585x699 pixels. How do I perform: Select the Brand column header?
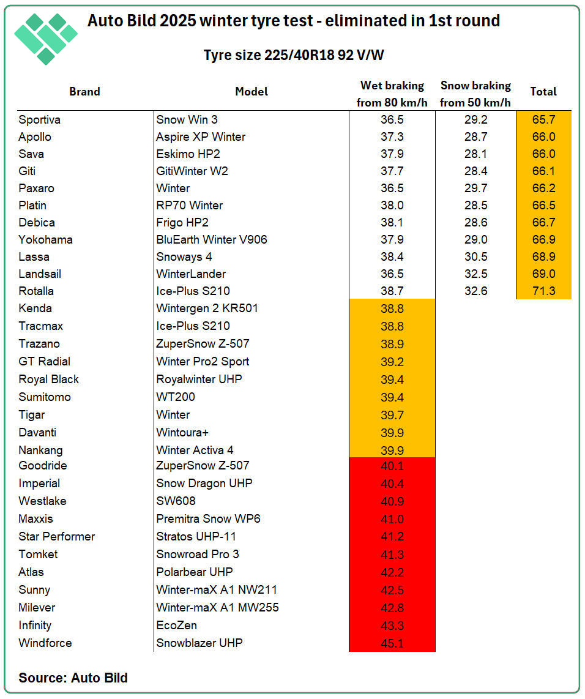click(x=84, y=92)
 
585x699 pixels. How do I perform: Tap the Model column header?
click(x=252, y=92)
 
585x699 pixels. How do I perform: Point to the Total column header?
click(x=543, y=92)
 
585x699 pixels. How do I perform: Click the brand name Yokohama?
click(x=46, y=239)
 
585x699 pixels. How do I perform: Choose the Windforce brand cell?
click(x=45, y=643)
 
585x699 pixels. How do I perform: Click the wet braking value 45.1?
click(x=392, y=643)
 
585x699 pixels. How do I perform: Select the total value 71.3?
click(x=543, y=291)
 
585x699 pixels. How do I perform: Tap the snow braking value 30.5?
click(x=475, y=256)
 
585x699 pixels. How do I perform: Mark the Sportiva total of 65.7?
click(x=543, y=119)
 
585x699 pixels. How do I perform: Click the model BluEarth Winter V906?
click(x=212, y=239)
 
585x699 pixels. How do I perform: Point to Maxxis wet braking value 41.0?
click(x=392, y=518)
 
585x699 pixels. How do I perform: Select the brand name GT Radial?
click(x=45, y=361)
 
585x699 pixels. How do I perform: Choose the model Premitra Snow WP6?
click(x=209, y=518)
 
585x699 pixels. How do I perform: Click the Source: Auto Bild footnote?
click(x=73, y=678)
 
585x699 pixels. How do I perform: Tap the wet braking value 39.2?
click(x=392, y=361)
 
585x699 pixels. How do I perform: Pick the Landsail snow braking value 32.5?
click(x=475, y=274)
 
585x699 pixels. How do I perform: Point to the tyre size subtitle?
click(x=294, y=55)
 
